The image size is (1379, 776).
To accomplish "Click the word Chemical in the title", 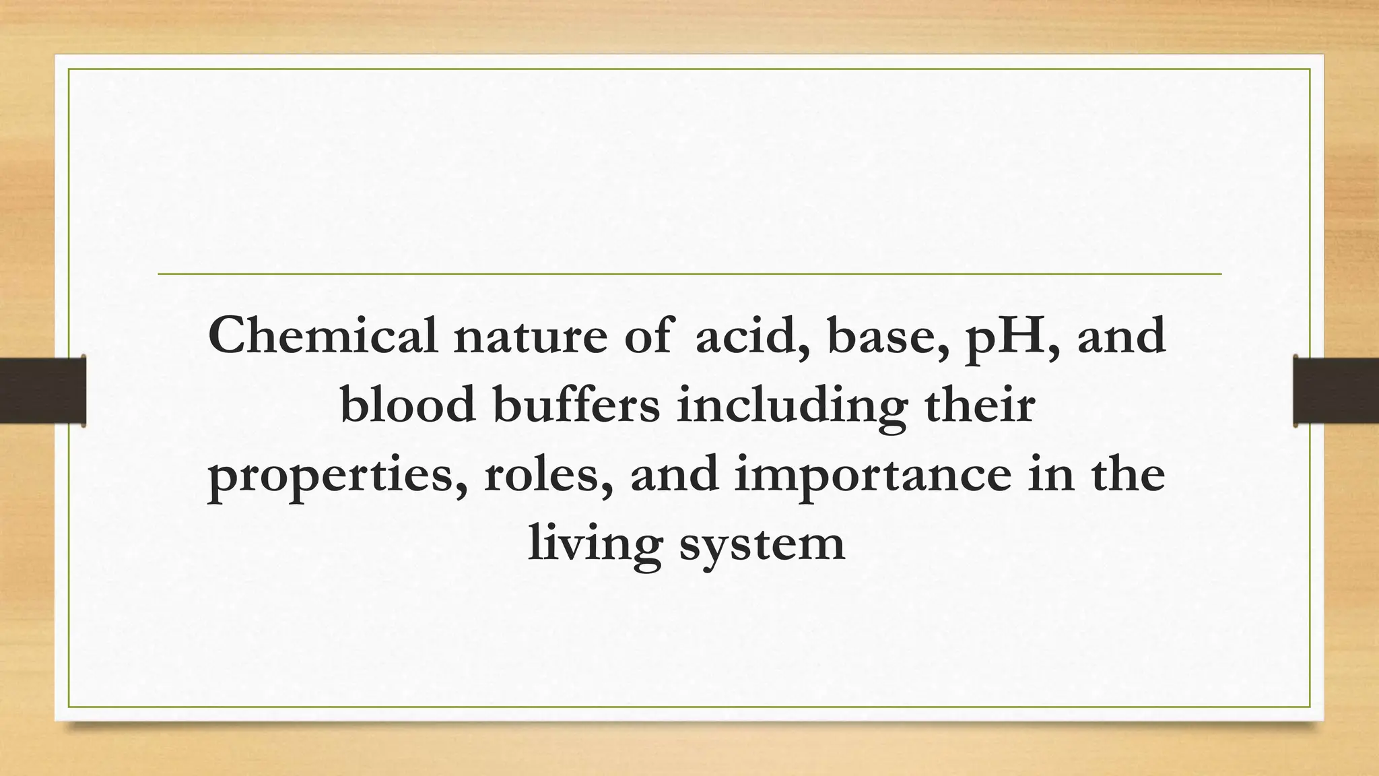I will point(323,335).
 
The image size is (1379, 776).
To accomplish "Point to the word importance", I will point(873,477).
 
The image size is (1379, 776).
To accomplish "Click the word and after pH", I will point(1122,335).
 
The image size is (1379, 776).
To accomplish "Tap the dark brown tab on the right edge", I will point(1336,391).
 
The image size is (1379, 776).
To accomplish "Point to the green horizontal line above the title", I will point(689,274).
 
